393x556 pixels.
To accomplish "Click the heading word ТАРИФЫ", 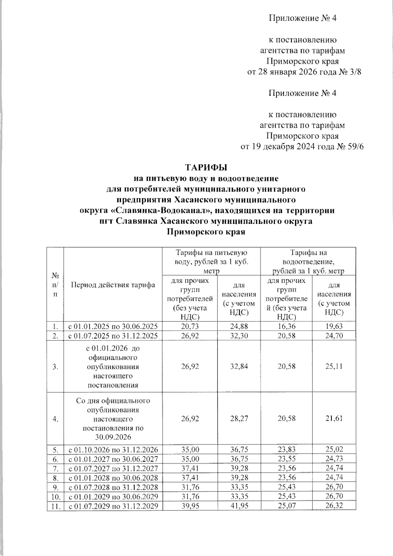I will point(206,167).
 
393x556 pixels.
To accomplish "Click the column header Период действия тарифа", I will point(113,285).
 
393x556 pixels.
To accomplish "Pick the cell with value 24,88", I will point(239,326).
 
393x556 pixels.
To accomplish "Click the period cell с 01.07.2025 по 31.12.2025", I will point(113,336).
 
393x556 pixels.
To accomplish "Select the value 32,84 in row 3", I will point(239,366).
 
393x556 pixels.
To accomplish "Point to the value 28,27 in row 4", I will point(239,418).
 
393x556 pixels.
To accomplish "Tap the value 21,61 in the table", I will point(334,418).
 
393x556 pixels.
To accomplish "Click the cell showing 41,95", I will point(239,506).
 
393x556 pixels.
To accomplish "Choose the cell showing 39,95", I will point(190,506).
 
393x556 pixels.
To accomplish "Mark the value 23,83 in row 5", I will point(287,449).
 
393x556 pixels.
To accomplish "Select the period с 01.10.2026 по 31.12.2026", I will point(113,449).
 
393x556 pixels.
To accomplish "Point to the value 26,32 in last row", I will point(334,506).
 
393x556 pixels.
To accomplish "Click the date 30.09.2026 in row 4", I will point(113,437).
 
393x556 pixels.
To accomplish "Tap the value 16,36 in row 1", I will point(287,326).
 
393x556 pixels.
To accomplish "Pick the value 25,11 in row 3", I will point(334,366).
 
